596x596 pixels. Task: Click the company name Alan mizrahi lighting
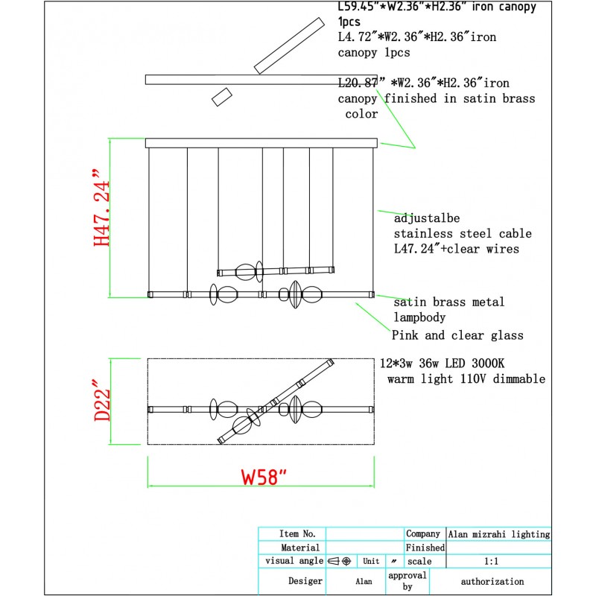click(499, 534)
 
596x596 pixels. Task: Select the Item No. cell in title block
click(298, 534)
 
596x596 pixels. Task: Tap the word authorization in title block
click(492, 581)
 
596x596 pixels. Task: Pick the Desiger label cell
click(305, 581)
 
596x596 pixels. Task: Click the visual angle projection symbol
click(340, 561)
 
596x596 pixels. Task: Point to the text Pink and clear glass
click(457, 335)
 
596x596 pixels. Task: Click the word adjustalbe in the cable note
click(427, 219)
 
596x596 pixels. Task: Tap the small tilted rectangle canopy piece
click(222, 96)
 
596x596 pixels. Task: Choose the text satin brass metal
click(448, 302)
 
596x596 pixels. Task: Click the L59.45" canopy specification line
click(437, 7)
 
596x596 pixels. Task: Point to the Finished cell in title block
click(425, 548)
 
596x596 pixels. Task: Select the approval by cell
click(408, 581)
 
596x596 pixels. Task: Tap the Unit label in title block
click(371, 561)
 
